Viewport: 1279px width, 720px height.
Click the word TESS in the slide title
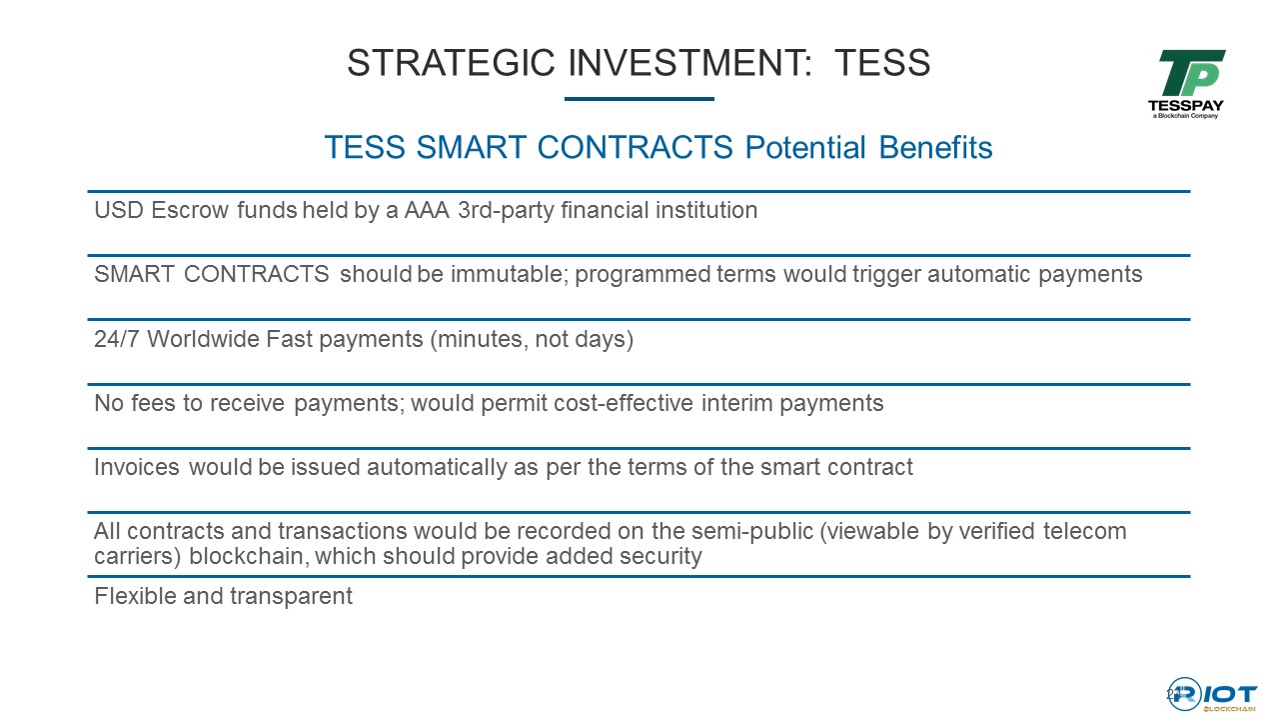[x=882, y=62]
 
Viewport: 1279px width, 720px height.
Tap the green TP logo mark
[x=1191, y=73]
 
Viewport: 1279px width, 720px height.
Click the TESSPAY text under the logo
[x=1185, y=106]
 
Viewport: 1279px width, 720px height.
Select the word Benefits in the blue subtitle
[x=935, y=147]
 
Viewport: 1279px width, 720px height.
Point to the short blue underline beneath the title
[x=639, y=99]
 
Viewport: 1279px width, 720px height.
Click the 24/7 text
[x=117, y=339]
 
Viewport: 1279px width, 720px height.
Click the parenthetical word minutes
[x=479, y=339]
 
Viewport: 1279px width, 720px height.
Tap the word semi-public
[x=752, y=531]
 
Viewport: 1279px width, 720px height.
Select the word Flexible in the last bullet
[x=135, y=597]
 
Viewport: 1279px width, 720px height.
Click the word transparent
[x=291, y=597]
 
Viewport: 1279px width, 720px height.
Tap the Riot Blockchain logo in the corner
[x=1212, y=695]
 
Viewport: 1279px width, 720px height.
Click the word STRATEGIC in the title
[x=451, y=62]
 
